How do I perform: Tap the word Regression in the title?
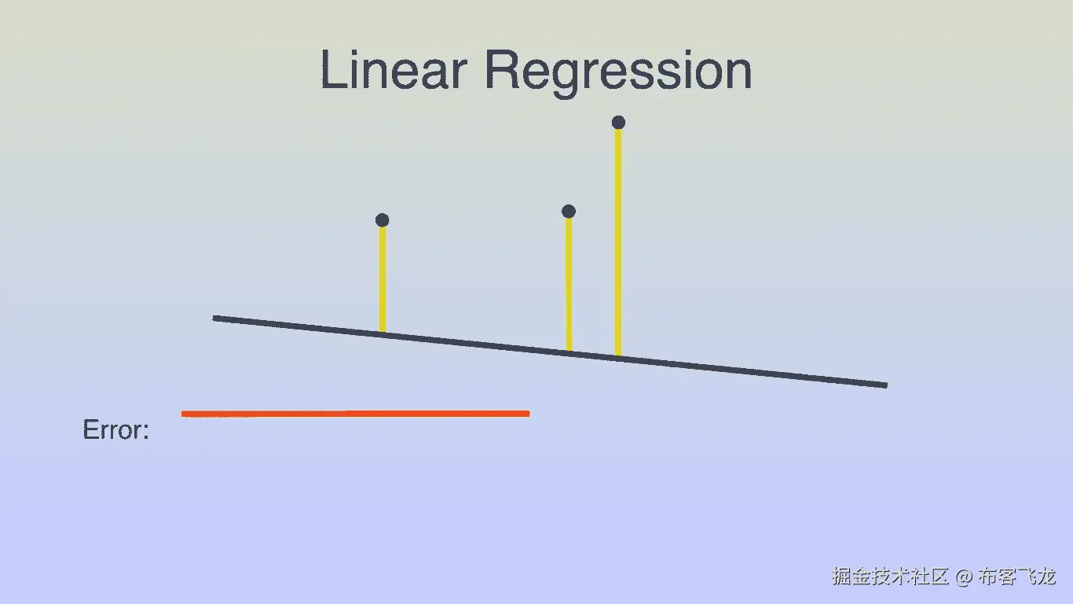point(617,71)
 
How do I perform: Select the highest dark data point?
point(618,122)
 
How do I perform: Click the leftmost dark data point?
point(382,220)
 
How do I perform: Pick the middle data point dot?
point(569,211)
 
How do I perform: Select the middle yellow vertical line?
point(569,283)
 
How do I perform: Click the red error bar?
point(355,413)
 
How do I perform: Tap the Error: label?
point(115,430)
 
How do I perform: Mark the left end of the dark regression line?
point(215,318)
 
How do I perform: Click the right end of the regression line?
point(885,385)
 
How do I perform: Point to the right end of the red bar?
point(527,413)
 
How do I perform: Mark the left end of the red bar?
point(184,413)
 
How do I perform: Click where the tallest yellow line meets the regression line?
point(618,356)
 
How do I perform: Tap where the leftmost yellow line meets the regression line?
point(383,333)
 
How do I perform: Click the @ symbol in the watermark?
point(964,576)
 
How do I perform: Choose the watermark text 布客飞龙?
point(1016,576)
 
